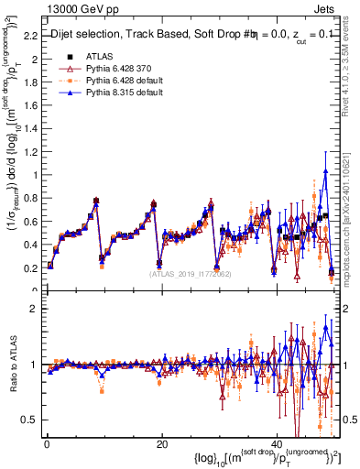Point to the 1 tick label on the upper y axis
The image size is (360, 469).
point(35,174)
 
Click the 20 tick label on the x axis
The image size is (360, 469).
point(161,443)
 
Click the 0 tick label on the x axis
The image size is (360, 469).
point(47,443)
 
